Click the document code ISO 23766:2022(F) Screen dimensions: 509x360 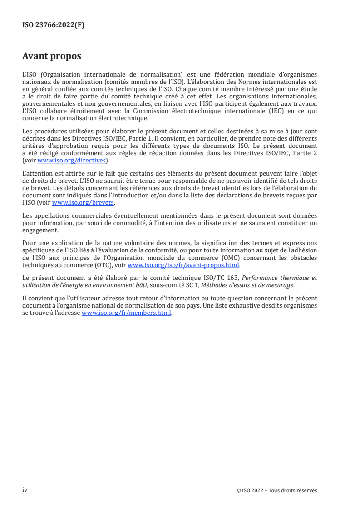coord(53,25)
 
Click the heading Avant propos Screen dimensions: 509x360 coord(51,56)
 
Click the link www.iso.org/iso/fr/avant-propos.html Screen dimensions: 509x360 coord(183,265)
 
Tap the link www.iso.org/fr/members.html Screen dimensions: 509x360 coord(126,313)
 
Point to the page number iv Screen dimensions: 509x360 coord(25,490)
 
